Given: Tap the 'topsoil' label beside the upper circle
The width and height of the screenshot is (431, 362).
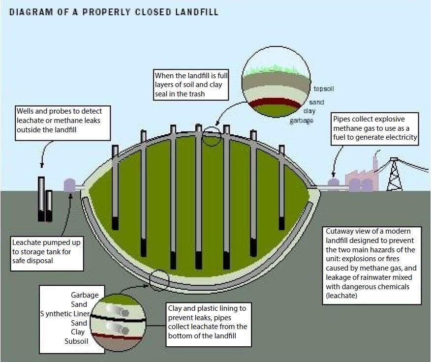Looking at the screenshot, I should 324,89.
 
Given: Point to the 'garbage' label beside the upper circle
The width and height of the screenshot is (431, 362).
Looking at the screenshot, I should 301,121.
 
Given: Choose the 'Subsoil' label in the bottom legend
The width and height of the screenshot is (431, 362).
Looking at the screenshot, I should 76,341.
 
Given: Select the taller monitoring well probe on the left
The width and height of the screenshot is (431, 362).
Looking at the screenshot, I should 41,199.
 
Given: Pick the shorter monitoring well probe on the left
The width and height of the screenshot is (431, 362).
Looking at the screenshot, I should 49,206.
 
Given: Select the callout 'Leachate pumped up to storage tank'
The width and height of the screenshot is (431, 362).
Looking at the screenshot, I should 47,251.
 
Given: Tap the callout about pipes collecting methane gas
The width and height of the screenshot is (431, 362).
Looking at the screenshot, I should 375,128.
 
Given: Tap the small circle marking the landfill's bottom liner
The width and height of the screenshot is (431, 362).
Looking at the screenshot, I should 159,280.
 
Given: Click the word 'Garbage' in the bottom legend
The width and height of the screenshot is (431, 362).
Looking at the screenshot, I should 85,295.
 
